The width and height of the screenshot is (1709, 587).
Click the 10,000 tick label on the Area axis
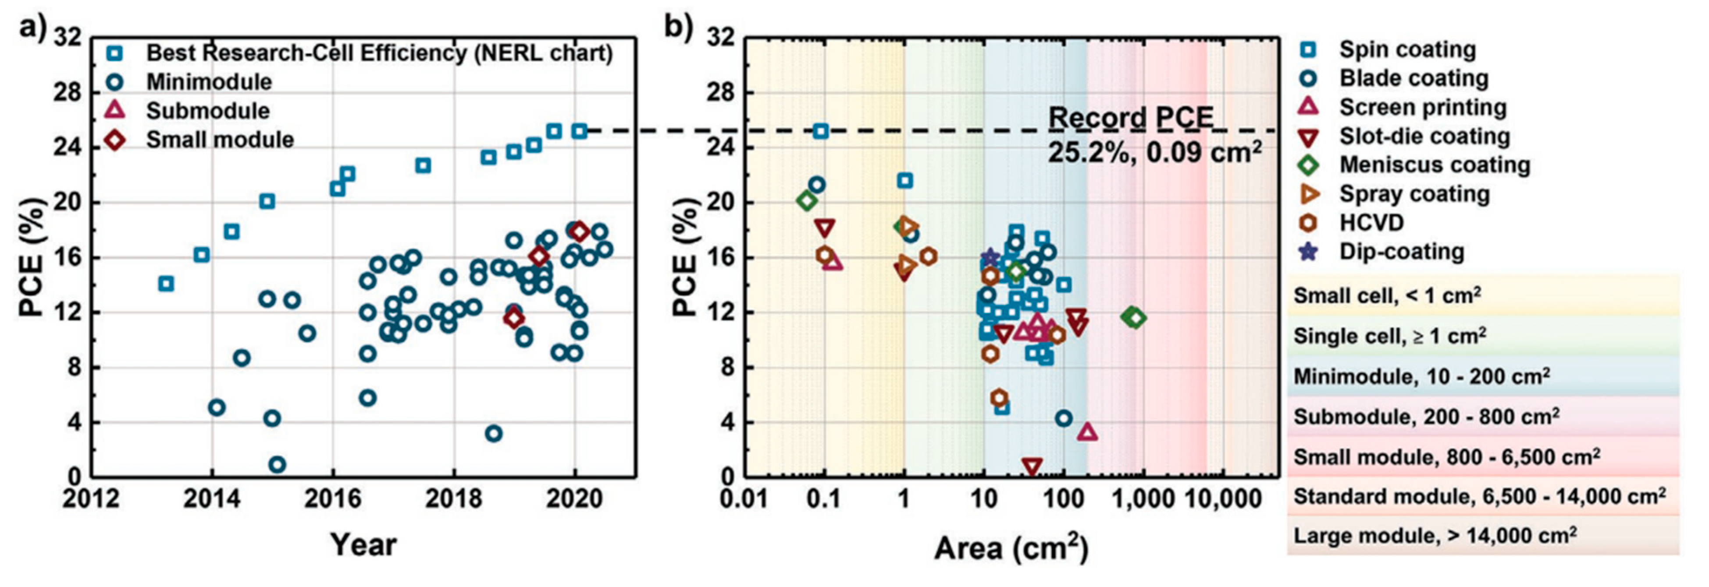[x=1225, y=498]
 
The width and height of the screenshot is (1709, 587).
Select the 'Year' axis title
[x=363, y=544]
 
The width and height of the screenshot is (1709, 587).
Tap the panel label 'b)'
[x=680, y=28]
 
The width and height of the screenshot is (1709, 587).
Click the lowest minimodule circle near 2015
[x=278, y=464]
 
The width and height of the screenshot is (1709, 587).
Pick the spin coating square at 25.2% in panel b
[x=821, y=131]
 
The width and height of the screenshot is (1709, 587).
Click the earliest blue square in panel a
[x=166, y=284]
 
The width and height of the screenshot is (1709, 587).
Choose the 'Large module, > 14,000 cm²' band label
[x=1435, y=535]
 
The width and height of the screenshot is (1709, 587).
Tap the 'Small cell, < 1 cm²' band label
[x=1387, y=295]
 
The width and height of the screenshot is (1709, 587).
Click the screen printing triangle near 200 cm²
[x=1087, y=432]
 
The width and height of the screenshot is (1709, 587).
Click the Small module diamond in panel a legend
[x=115, y=140]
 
